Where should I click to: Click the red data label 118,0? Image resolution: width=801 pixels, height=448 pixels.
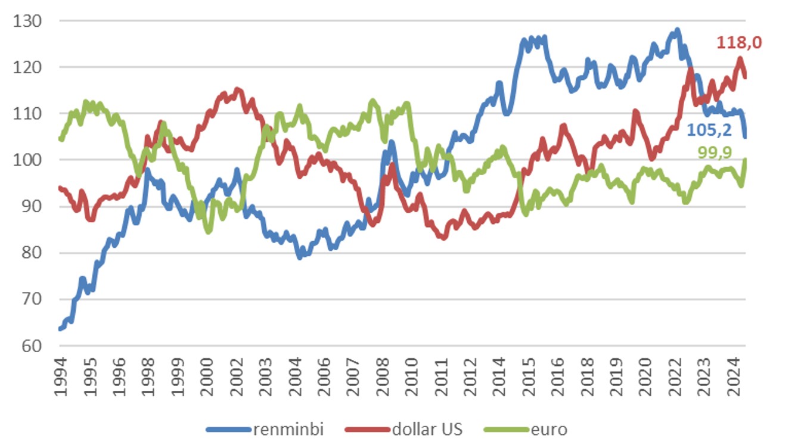[739, 43]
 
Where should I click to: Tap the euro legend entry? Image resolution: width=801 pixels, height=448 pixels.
[549, 430]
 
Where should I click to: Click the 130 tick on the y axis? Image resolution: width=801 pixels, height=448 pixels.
[29, 21]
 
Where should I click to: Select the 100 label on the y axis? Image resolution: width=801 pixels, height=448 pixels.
[29, 160]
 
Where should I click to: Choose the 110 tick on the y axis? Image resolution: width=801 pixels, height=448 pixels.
[29, 114]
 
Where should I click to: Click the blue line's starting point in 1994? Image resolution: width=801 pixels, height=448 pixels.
[60, 329]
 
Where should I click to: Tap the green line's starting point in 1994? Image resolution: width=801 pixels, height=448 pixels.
[60, 139]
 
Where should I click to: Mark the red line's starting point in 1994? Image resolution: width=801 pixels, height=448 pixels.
[60, 188]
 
